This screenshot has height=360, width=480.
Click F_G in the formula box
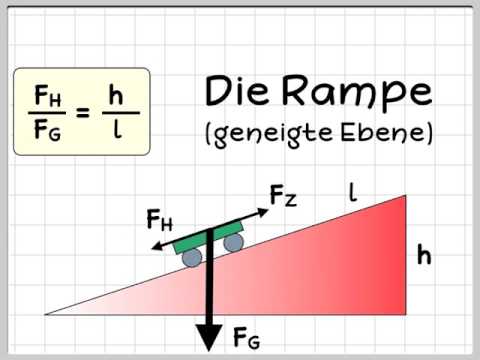pos(46,130)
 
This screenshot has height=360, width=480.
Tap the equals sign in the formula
pos(83,112)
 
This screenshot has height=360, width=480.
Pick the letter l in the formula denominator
pos(118,130)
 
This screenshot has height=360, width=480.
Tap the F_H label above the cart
pos(158,220)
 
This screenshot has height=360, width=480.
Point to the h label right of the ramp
pos(424,256)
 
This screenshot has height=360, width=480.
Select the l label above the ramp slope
pos(352,190)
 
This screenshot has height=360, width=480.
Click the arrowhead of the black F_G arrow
pos(209,336)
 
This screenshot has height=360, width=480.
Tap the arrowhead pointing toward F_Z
pos(259,209)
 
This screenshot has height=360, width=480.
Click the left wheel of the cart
pos(191,257)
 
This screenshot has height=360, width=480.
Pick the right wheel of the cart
pos(232,243)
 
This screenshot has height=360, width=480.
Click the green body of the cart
pos(210,238)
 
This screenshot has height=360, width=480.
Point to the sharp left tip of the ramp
pos(47,314)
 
